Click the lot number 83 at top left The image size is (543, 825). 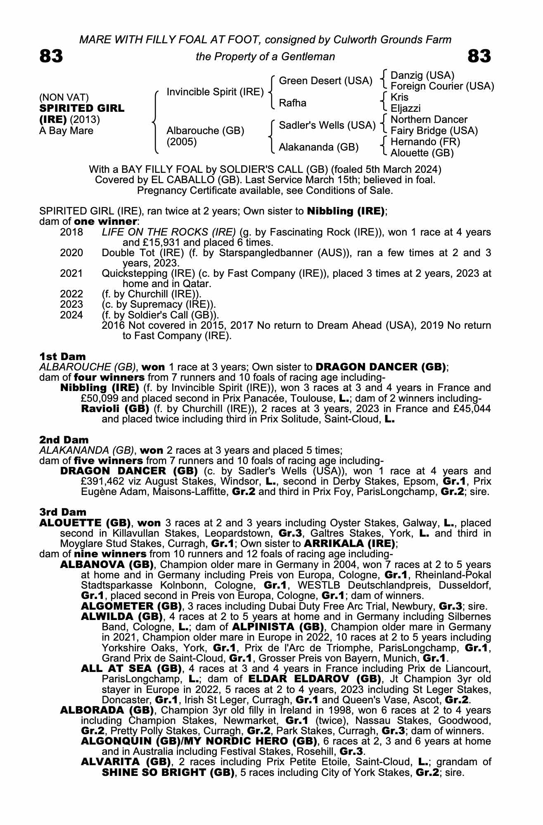[x=51, y=56]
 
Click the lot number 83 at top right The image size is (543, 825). [x=479, y=56]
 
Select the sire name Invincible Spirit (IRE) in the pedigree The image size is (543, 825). [x=215, y=92]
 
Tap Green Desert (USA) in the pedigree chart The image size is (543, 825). [x=326, y=81]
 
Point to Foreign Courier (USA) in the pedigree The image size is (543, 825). [x=442, y=86]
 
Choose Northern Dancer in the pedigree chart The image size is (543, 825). [x=429, y=120]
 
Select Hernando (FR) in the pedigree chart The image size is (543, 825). [x=425, y=142]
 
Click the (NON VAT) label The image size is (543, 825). [x=64, y=97]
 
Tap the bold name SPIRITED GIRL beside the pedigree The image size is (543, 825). [x=81, y=108]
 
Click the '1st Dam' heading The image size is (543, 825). [x=62, y=356]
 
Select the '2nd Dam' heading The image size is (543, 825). [x=64, y=440]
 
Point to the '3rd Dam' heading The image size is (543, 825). [x=63, y=512]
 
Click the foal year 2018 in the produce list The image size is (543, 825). [x=71, y=232]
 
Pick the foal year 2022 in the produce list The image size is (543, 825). [x=71, y=294]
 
